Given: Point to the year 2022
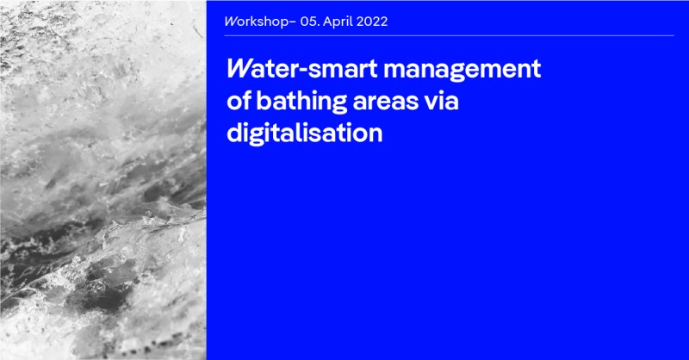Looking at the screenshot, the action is pyautogui.click(x=372, y=22).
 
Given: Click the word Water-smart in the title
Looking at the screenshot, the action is pyautogui.click(x=302, y=69).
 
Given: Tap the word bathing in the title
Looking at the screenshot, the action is pyautogui.click(x=301, y=102).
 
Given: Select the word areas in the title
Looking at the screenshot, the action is pyautogui.click(x=385, y=102).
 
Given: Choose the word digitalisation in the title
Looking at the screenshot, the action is pyautogui.click(x=305, y=133).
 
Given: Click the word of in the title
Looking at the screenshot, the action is pyautogui.click(x=239, y=101).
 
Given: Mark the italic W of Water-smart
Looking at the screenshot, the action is pyautogui.click(x=239, y=70).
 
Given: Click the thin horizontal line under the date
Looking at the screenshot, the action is pyautogui.click(x=449, y=35).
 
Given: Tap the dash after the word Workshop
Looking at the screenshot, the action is pyautogui.click(x=293, y=22).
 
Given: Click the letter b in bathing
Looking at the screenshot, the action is pyautogui.click(x=264, y=101).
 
